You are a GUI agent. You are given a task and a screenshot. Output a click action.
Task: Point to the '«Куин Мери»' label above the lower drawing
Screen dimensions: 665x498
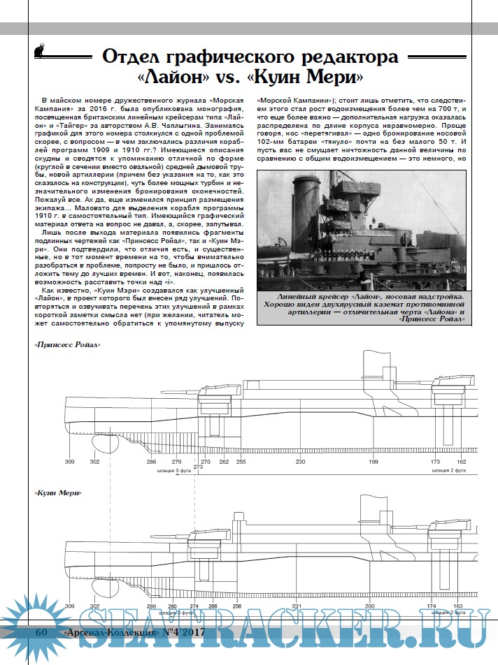tap(57, 493)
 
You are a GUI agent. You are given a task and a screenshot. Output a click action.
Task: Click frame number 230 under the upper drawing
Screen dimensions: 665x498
tap(300, 462)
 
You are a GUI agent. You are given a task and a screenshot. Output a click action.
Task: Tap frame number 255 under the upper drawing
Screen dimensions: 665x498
tap(241, 462)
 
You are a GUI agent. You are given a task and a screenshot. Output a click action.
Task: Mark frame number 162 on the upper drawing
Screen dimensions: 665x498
tap(462, 462)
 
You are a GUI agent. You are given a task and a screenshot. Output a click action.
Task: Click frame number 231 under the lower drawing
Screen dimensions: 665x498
tap(297, 606)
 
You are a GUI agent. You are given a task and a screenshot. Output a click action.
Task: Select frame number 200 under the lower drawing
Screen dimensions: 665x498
tap(369, 606)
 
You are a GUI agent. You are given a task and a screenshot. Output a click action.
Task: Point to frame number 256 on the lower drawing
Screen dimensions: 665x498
tap(237, 606)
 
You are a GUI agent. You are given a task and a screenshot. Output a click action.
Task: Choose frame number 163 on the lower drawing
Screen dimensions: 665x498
tap(459, 606)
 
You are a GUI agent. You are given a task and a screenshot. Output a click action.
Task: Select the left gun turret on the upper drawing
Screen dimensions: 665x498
tap(211, 401)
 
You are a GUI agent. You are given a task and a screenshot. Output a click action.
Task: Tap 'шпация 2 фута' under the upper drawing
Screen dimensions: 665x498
tap(448, 472)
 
